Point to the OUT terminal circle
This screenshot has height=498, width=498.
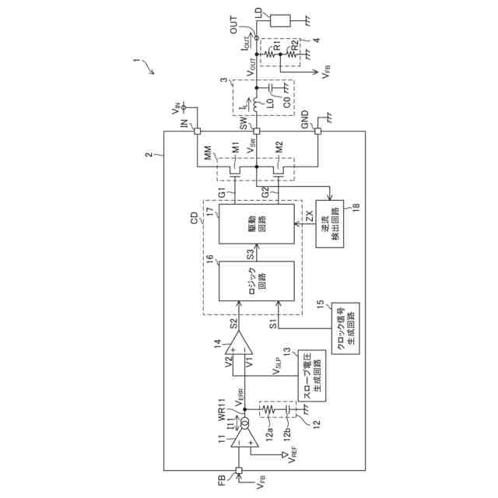(257, 36)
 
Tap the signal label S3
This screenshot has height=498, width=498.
(249, 254)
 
